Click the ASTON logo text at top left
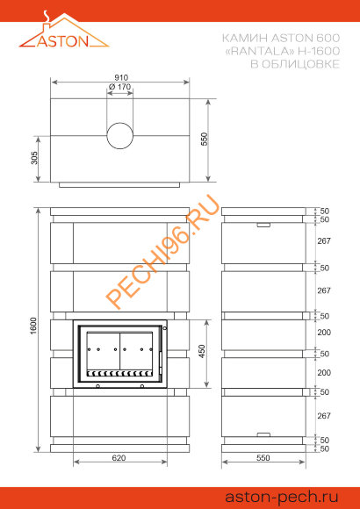click(x=62, y=41)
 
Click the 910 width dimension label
click(x=121, y=78)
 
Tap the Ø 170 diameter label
click(x=120, y=87)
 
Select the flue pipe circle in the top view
click(x=120, y=136)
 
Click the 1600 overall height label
click(x=35, y=327)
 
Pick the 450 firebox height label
click(x=202, y=351)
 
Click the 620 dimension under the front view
click(x=119, y=458)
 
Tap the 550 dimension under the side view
click(x=263, y=458)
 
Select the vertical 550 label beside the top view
click(x=204, y=139)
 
